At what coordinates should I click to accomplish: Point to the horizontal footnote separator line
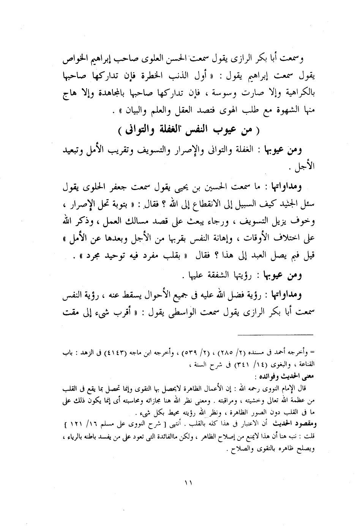coord(276,334)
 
